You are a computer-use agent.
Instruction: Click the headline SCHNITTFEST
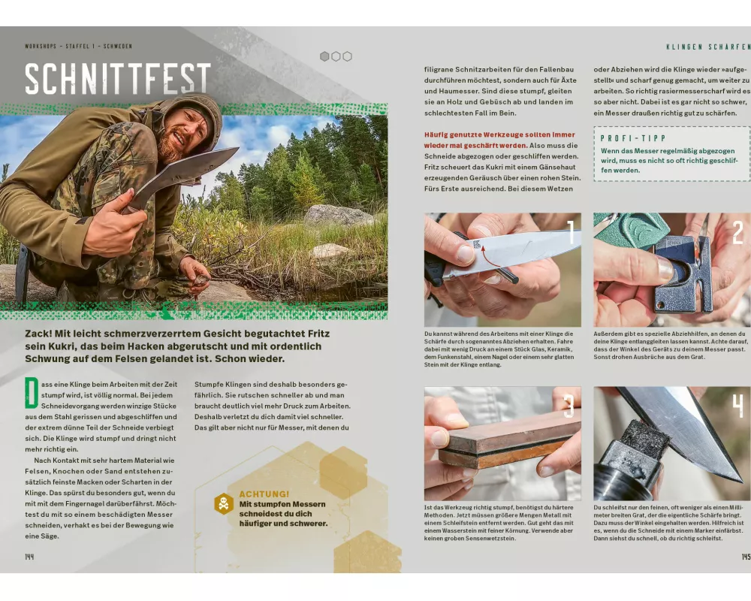118,78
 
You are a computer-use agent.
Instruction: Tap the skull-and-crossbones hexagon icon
224,503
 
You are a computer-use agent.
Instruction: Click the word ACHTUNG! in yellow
264,494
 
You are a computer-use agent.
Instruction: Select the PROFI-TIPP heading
633,138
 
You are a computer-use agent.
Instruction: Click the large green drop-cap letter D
32,393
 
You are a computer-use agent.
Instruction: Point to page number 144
30,557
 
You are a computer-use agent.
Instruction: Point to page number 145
746,557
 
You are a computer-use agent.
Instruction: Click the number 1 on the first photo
571,232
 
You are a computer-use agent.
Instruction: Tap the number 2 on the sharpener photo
738,232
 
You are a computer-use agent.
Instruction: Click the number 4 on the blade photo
738,406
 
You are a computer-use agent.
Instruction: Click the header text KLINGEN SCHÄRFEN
708,47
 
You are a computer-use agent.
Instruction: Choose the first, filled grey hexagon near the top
324,56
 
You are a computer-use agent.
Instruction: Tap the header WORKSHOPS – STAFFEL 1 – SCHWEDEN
79,47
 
